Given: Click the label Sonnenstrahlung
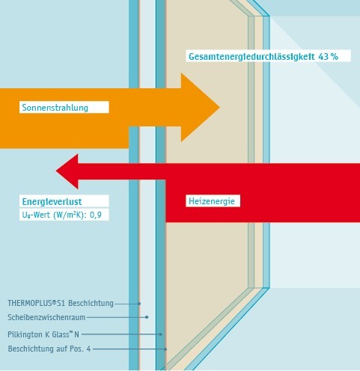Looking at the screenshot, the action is (55, 108).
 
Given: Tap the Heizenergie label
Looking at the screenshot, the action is (212, 201).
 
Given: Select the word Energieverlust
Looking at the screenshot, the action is (52, 201).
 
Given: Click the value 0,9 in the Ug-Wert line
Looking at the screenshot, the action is (96, 215).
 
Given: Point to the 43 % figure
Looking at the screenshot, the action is (328, 57).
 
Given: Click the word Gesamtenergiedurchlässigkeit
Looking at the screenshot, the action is (251, 57).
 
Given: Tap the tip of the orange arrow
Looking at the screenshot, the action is (219, 108).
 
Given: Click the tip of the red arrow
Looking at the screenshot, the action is (56, 171).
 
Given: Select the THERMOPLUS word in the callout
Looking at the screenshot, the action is (29, 303).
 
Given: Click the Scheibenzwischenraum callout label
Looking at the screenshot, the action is (46, 317).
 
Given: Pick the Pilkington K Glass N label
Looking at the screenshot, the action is (43, 334).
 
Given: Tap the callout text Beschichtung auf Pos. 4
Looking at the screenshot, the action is (49, 349).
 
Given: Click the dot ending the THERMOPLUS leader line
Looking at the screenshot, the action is (139, 304).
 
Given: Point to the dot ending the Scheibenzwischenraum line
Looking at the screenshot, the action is (147, 317).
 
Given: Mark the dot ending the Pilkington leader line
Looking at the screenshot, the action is (161, 334).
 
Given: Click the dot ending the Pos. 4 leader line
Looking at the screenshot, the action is (165, 349).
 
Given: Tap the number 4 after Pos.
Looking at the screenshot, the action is (88, 349).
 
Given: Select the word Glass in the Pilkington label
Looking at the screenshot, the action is (60, 334).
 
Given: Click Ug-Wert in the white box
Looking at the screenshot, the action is (36, 215).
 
